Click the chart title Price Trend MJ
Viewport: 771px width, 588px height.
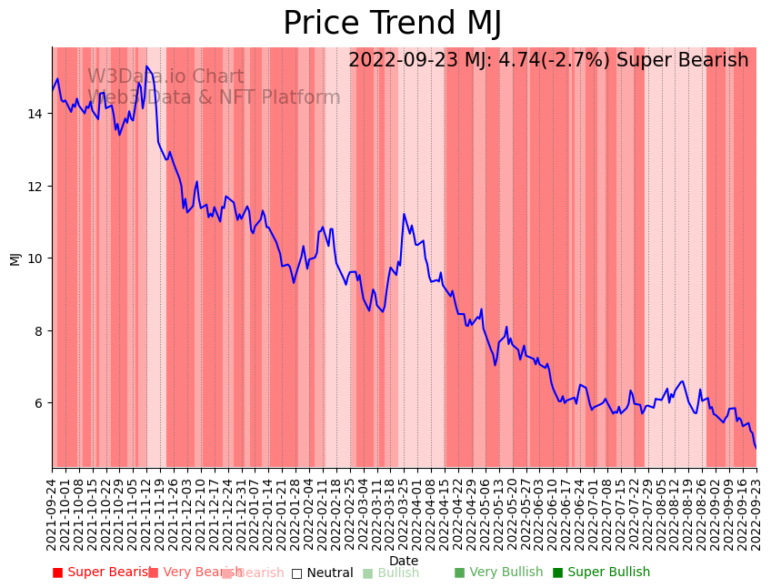[392, 24]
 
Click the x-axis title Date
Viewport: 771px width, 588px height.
[404, 562]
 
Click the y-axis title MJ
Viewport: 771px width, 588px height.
[15, 259]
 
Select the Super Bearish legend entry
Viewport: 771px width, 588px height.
[102, 573]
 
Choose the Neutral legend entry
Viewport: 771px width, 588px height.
[322, 573]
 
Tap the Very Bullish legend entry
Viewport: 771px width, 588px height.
[498, 573]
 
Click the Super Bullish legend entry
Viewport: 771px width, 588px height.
[601, 573]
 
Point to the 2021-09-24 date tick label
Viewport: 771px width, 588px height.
[53, 511]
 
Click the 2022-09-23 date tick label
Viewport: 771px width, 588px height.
[756, 511]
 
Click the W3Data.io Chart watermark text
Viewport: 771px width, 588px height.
[165, 77]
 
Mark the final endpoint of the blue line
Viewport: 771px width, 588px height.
[756, 448]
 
